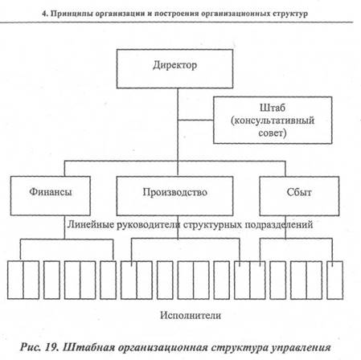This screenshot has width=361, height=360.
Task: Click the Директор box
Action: [174, 69]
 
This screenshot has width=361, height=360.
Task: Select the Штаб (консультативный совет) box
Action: [273, 121]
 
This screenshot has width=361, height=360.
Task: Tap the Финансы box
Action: [51, 196]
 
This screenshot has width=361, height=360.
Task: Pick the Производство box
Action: [174, 196]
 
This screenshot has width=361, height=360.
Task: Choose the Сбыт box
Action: [299, 196]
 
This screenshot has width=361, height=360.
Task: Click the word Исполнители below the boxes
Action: [191, 315]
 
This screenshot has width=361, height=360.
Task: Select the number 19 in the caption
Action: [51, 347]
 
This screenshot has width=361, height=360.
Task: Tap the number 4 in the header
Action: [44, 14]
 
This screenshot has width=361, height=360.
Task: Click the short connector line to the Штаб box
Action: [195, 120]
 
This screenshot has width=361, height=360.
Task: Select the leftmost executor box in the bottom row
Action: [15, 280]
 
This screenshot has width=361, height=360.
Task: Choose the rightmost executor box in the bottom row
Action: [335, 280]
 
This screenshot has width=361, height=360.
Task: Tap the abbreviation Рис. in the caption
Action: [31, 347]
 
